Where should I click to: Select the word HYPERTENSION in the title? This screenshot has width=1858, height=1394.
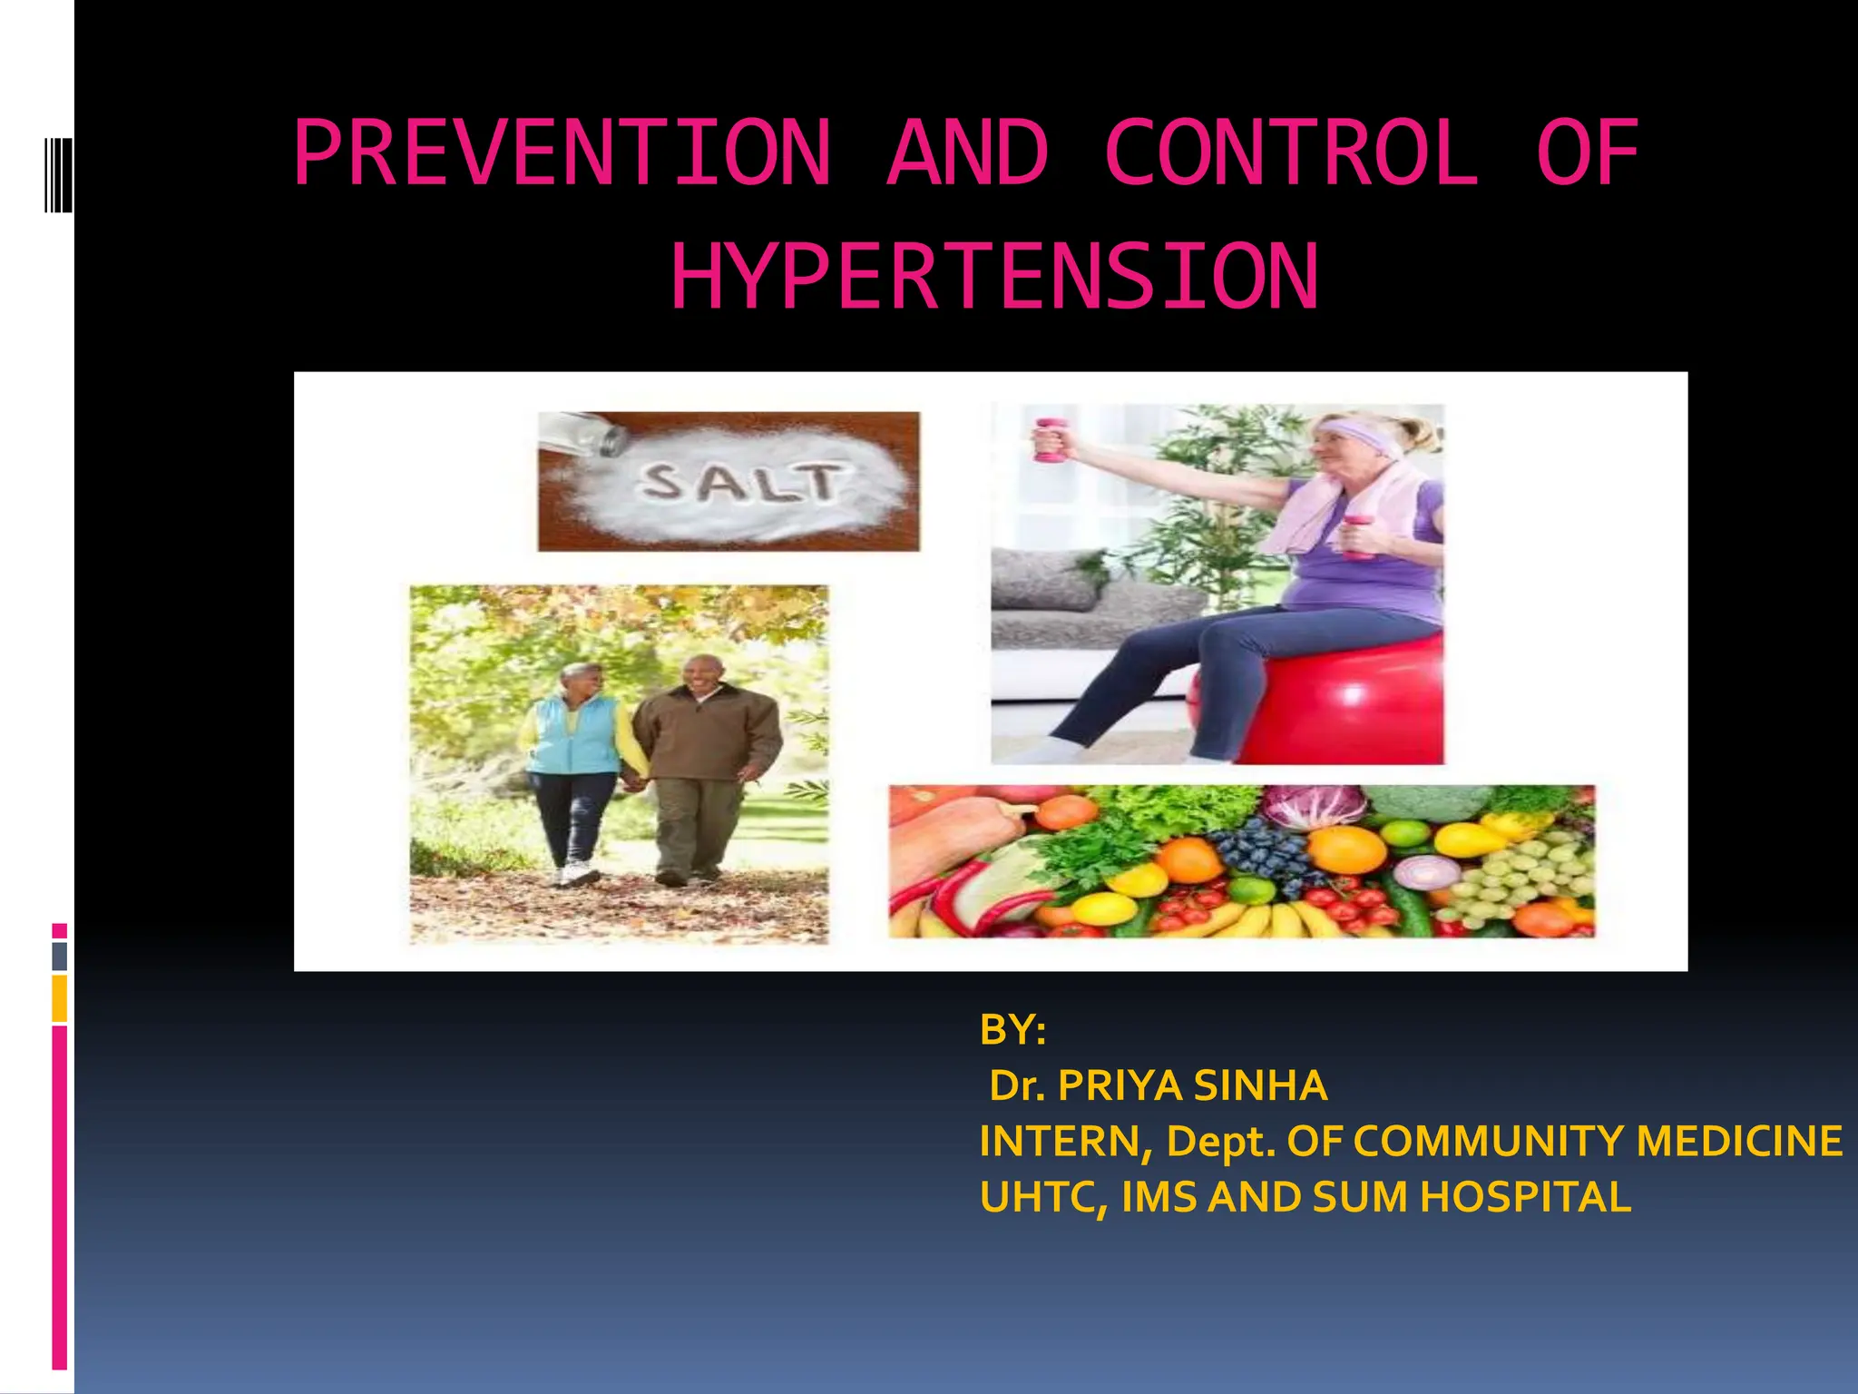click(994, 277)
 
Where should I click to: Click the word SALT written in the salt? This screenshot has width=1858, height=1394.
click(739, 482)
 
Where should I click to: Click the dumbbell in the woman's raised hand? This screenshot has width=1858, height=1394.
click(1050, 440)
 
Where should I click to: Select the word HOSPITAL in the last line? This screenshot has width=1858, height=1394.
click(1524, 1197)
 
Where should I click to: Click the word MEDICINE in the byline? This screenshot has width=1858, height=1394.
click(1738, 1142)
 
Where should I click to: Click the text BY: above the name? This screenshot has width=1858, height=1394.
click(1012, 1030)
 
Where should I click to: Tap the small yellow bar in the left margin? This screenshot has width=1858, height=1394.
click(60, 998)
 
